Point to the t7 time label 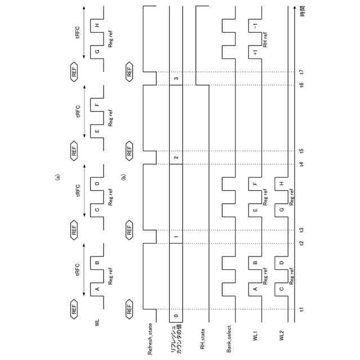pos(302,71)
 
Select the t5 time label pos(302,151)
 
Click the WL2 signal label pos(282,337)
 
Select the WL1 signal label pos(255,337)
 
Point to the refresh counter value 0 pos(176,317)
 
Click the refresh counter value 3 pos(176,78)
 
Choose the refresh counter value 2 pos(176,157)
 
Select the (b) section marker pos(124,177)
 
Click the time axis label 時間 pos(302,11)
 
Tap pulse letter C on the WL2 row pos(281,290)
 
